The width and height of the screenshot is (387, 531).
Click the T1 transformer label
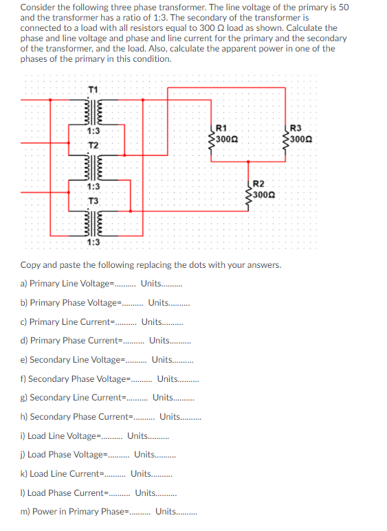point(93,89)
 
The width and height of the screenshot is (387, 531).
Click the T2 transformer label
point(93,145)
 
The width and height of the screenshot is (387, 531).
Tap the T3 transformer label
point(93,200)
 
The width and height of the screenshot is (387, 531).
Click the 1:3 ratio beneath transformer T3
point(93,241)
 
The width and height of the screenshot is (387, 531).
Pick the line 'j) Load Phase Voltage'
point(98,454)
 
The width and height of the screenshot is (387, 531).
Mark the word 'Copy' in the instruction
point(31,264)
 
